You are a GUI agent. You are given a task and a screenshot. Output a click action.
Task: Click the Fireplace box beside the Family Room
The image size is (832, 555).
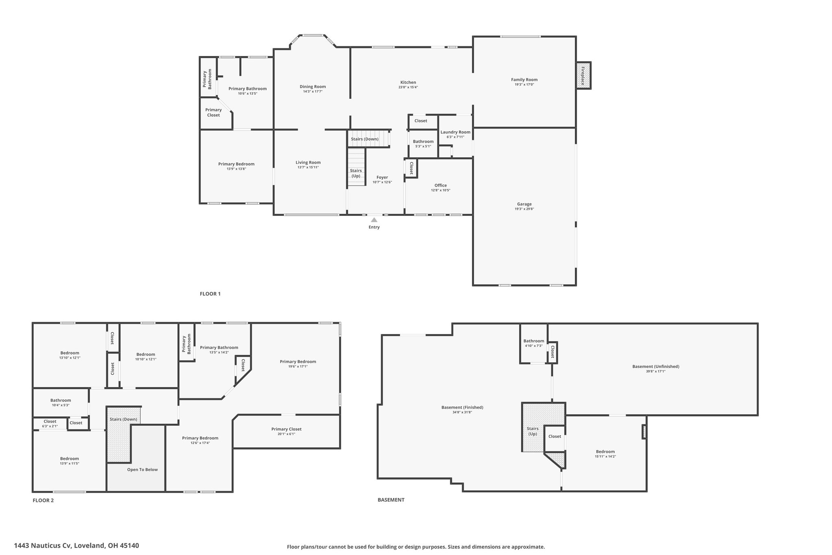(583, 75)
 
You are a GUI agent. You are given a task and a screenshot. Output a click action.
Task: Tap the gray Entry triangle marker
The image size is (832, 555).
(374, 220)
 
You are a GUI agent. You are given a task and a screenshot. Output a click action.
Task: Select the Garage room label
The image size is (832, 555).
(524, 204)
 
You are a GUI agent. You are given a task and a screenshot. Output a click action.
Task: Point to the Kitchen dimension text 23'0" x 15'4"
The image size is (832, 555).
(408, 87)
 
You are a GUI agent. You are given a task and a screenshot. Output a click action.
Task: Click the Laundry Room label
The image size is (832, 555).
(455, 132)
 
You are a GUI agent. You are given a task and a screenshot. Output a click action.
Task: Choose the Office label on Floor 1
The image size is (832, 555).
(441, 185)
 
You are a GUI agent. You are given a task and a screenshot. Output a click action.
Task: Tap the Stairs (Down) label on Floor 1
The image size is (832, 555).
(365, 139)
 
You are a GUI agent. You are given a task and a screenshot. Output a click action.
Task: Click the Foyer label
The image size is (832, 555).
(382, 177)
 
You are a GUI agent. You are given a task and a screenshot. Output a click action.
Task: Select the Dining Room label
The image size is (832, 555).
(313, 87)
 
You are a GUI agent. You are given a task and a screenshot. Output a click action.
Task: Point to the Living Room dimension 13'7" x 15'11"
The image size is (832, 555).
(308, 167)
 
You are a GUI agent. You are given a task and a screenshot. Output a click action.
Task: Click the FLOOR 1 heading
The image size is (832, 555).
(210, 294)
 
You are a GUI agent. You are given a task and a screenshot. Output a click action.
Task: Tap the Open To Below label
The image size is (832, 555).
(142, 470)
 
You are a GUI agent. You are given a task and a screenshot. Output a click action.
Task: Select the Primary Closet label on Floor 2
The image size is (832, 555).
(286, 429)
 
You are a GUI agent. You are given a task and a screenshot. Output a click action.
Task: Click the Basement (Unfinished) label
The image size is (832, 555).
(656, 366)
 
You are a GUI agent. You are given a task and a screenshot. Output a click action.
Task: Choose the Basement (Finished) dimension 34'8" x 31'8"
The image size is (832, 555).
(462, 412)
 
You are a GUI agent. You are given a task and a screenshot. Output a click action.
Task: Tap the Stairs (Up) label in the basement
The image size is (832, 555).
(533, 431)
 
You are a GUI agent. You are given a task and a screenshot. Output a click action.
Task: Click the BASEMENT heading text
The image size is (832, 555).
(391, 500)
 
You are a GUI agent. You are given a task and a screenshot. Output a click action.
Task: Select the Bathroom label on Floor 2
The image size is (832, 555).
(61, 400)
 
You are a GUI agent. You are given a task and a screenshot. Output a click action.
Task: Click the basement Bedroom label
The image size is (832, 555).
(605, 451)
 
